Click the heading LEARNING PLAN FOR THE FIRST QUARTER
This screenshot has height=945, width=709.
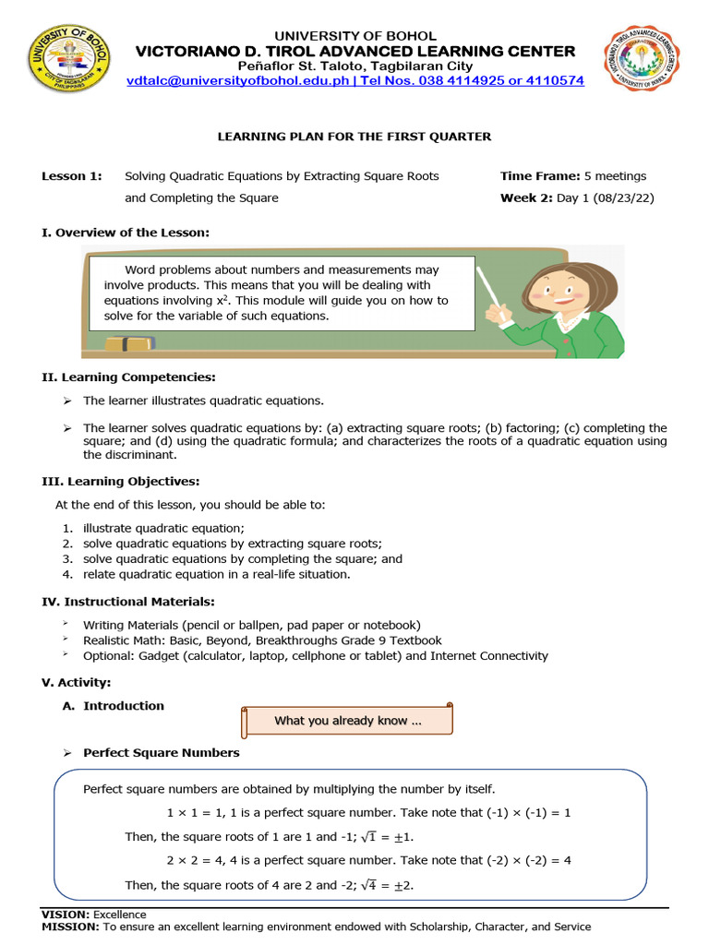coord(354,137)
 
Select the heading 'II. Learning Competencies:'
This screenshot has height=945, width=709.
coord(129,377)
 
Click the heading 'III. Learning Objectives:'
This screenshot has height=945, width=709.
coord(121,482)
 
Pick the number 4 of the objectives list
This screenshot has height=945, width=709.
coord(67,574)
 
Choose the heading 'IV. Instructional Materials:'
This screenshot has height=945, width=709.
coord(128,602)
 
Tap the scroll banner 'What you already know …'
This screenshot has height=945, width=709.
coord(348,721)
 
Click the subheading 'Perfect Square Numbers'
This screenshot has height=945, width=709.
coord(161,752)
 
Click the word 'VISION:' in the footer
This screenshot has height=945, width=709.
coord(66,915)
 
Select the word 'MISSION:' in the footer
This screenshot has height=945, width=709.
coord(70,927)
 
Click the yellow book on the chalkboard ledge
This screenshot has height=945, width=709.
coord(128,344)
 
